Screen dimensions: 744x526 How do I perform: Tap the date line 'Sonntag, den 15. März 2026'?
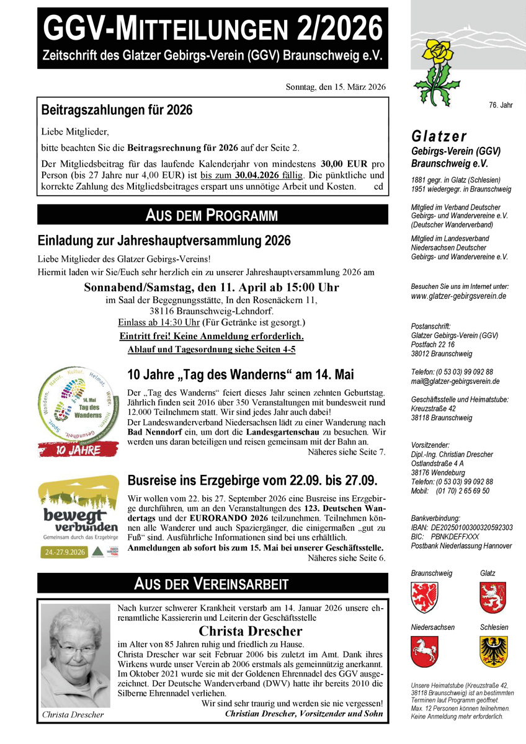336,87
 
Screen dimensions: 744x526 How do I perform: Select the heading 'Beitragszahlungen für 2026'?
117,110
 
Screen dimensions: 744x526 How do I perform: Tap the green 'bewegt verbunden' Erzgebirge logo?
78,516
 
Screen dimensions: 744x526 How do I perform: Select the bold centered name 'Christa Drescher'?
250,631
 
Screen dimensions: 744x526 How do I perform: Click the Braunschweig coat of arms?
424,598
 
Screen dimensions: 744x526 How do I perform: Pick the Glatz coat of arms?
493,598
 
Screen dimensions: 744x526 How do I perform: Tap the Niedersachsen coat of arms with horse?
424,652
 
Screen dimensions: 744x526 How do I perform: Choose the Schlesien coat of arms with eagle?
493,652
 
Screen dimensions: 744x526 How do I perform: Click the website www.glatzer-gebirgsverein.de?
458,296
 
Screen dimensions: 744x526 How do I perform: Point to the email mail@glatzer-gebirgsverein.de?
455,381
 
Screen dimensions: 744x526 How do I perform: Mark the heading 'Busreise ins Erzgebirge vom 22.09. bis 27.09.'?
252,480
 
